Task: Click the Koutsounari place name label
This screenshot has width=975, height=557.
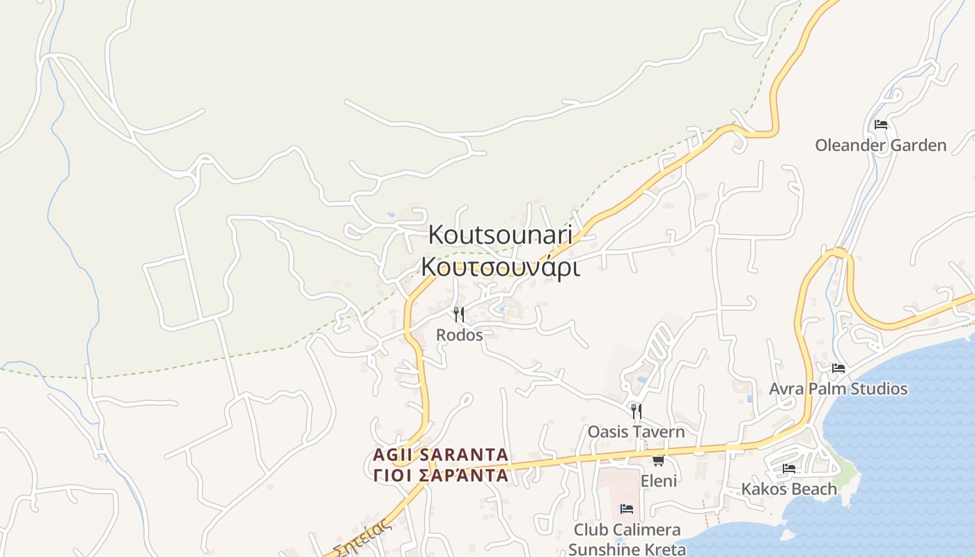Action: coord(500,235)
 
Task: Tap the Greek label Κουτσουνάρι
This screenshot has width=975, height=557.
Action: coord(500,267)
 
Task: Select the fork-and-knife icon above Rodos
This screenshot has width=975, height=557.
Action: coord(459,315)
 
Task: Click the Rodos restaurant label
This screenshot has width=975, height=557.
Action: coord(459,335)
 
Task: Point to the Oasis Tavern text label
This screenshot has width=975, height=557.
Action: coord(636,432)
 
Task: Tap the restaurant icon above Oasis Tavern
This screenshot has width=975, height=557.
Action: coord(636,411)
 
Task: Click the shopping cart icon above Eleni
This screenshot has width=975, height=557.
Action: coord(658,460)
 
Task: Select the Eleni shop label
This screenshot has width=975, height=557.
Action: coord(659,481)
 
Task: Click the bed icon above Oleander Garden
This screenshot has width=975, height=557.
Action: coord(881,125)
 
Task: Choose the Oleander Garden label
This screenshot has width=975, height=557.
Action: coord(881,146)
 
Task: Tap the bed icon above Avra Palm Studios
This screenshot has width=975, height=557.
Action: coord(838,368)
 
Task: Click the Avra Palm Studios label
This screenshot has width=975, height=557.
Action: coord(838,389)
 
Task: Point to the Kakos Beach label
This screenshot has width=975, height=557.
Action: coord(789,489)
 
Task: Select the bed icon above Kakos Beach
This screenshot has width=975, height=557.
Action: coord(789,468)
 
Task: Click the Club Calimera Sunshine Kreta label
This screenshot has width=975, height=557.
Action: coord(627,540)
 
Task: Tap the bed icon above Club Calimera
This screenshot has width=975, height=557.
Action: coord(627,509)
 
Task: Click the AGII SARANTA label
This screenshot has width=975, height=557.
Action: coord(441,455)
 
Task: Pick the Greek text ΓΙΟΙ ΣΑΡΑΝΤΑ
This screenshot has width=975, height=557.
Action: coord(441,476)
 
